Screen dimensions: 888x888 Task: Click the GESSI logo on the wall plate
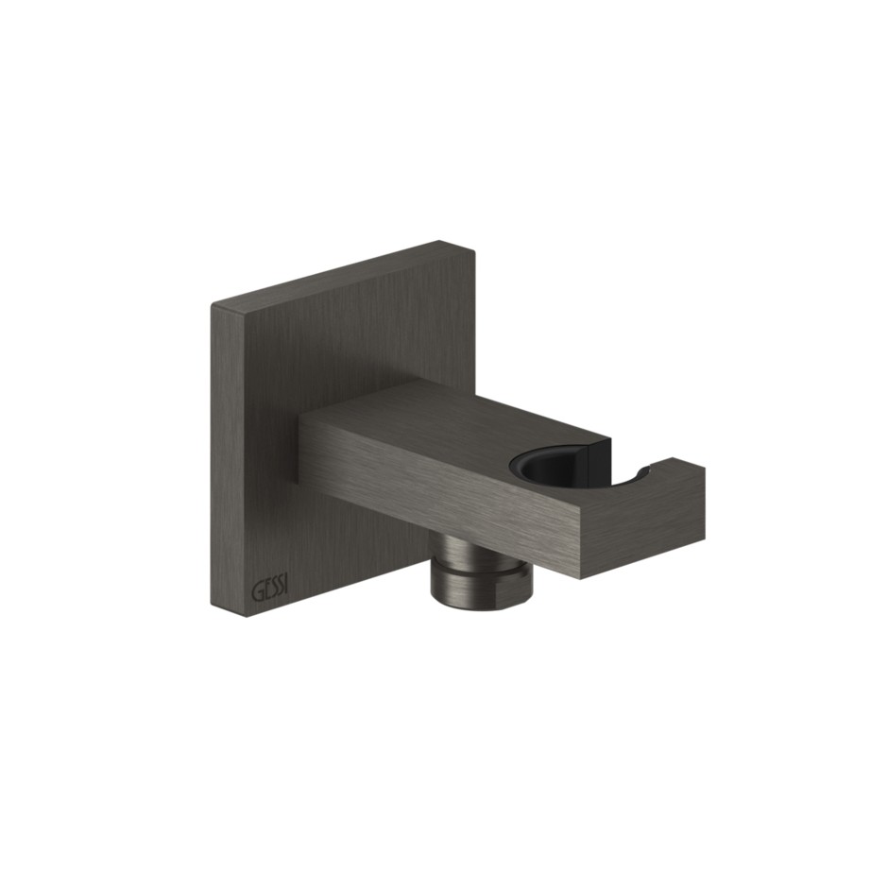pos(269,590)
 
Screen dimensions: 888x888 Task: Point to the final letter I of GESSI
pos(285,589)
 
